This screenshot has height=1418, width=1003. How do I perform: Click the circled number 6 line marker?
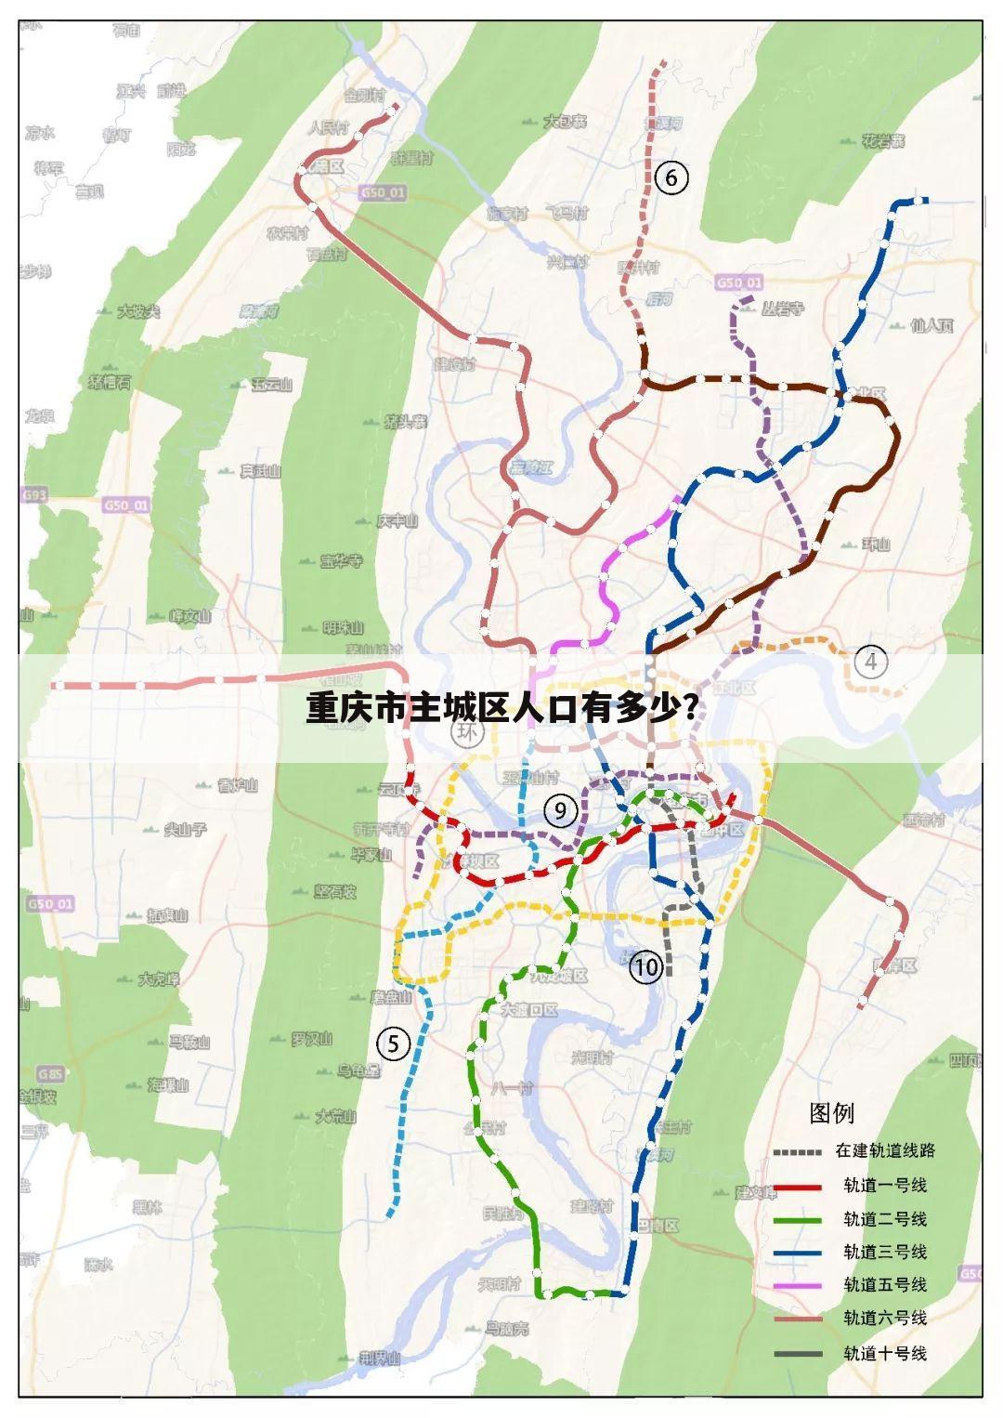(x=671, y=177)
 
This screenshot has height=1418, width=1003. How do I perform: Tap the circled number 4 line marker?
(x=870, y=663)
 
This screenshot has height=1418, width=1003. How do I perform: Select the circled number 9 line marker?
(x=560, y=811)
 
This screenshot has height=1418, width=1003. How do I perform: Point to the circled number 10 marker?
(x=645, y=967)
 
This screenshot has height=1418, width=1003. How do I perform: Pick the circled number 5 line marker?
(x=394, y=1044)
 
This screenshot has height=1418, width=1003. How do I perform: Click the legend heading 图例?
(x=832, y=1112)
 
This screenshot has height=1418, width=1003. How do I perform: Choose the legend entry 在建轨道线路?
(x=884, y=1150)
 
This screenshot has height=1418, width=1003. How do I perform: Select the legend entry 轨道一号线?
(x=884, y=1186)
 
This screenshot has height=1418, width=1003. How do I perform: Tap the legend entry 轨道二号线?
(x=884, y=1219)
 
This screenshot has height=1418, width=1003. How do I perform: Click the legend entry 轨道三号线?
(x=884, y=1252)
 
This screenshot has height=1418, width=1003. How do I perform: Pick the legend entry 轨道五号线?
(x=884, y=1284)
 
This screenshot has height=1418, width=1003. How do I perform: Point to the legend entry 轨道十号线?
(x=884, y=1353)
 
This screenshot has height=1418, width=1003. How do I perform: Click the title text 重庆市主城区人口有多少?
(x=502, y=709)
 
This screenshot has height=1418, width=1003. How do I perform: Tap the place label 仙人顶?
(x=932, y=326)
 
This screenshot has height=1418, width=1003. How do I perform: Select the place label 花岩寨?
(x=882, y=141)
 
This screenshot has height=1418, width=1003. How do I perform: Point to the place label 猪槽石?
(x=109, y=382)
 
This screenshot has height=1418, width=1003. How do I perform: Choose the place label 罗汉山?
(x=311, y=1039)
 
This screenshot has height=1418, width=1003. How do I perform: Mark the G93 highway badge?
(x=34, y=495)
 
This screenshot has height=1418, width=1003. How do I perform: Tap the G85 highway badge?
(x=51, y=1074)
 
